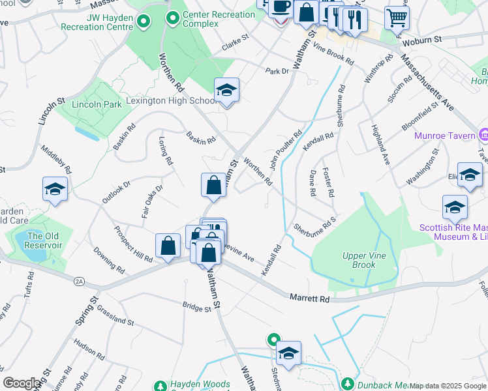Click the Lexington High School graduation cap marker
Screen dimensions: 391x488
tap(226, 90)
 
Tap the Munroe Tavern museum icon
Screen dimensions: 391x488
tap(483, 136)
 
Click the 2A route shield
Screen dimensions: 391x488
tap(79, 282)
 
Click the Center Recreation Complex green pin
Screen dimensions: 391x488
tap(173, 18)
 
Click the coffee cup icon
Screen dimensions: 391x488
tap(281, 7)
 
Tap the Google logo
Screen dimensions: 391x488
tap(22, 383)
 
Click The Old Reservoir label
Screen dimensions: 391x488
tap(44, 240)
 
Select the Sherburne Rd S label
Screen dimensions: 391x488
tap(314, 225)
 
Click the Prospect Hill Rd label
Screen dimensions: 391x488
tap(132, 244)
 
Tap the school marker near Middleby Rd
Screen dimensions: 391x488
tap(55, 189)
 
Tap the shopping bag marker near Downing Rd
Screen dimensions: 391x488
tap(168, 246)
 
